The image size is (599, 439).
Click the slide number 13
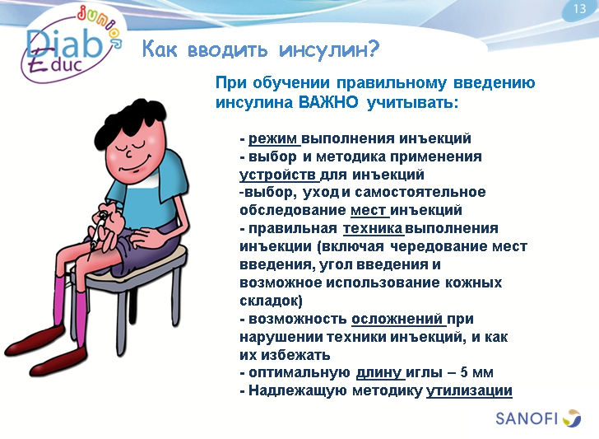pos(578,9)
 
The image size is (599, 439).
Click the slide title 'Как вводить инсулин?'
pos(260,50)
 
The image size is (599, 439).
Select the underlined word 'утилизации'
pos(469,390)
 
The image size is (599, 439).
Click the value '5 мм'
pos(476,373)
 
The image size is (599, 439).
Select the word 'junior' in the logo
pos(101,25)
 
